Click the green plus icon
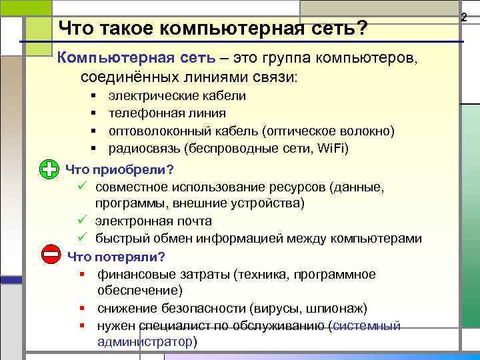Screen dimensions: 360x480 point(49,169)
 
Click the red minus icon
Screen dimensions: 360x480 point(49,255)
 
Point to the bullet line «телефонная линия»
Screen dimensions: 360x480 point(167,113)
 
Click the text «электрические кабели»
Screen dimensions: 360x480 point(177,96)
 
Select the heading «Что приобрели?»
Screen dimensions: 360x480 point(120,169)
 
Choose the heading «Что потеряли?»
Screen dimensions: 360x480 point(117,256)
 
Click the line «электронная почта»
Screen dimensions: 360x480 point(153,221)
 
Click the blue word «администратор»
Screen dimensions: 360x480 point(144,341)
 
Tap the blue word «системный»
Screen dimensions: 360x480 point(366,325)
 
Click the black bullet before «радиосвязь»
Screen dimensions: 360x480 point(94,147)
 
